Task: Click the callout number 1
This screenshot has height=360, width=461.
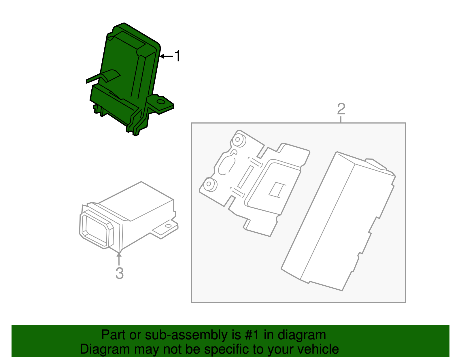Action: [178, 56]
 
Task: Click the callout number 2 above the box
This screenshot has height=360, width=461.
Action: [341, 109]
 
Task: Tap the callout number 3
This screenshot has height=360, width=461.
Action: [120, 273]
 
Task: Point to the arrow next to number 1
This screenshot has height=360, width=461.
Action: [166, 56]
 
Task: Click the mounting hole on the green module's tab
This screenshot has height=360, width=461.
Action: [160, 102]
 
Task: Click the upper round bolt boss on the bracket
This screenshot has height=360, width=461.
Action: [238, 140]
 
